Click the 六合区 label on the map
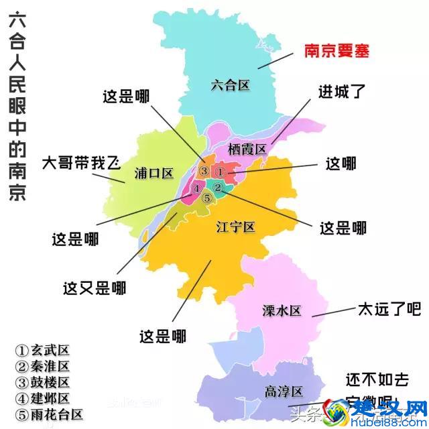pyautogui.click(x=229, y=85)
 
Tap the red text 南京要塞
pyautogui.click(x=336, y=51)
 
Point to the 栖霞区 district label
pyautogui.click(x=247, y=148)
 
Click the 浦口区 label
pyautogui.click(x=154, y=173)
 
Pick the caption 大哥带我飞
pyautogui.click(x=80, y=162)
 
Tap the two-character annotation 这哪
pyautogui.click(x=341, y=163)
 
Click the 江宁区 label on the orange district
pyautogui.click(x=236, y=227)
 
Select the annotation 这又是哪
pyautogui.click(x=95, y=288)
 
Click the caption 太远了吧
pyautogui.click(x=387, y=309)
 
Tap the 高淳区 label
pyautogui.click(x=284, y=391)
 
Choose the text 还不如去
pyautogui.click(x=377, y=379)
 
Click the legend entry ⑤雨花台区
pyautogui.click(x=50, y=414)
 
